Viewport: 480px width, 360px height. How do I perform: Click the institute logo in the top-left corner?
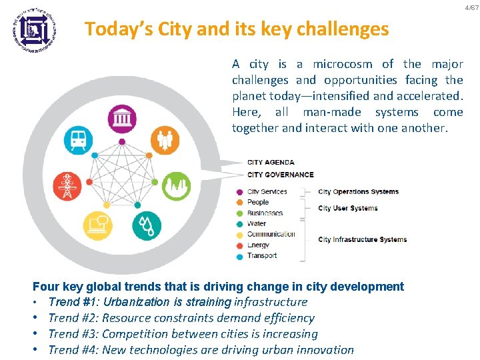[34, 29]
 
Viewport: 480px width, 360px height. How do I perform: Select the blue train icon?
[78, 141]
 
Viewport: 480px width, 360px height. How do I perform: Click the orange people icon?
[165, 141]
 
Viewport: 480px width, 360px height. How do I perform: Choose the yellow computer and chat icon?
[97, 226]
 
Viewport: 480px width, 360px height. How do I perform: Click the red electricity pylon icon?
[67, 185]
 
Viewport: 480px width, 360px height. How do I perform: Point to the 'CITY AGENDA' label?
[271, 162]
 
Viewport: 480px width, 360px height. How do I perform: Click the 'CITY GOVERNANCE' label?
[280, 175]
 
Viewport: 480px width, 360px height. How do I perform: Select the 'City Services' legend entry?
[267, 191]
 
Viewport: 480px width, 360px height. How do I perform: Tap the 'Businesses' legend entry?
[265, 213]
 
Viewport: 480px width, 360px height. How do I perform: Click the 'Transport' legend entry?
[261, 255]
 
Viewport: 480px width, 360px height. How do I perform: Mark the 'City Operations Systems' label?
[358, 192]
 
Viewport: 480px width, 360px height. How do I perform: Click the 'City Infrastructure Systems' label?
[362, 239]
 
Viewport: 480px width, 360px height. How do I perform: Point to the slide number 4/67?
[471, 7]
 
